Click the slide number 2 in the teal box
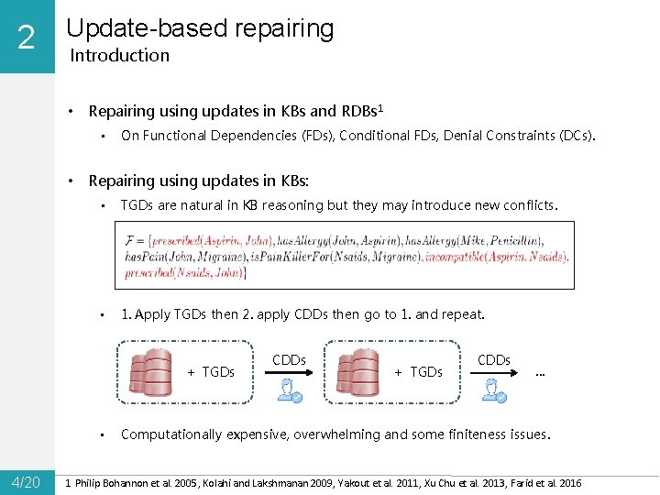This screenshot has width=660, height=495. [x=26, y=38]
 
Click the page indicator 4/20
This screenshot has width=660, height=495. [x=26, y=482]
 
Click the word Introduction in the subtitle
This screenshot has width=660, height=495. [x=120, y=55]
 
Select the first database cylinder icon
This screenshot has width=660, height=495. [x=150, y=372]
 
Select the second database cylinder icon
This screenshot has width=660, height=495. [x=357, y=372]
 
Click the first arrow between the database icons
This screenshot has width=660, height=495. [x=291, y=374]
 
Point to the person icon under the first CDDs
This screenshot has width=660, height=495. [x=291, y=390]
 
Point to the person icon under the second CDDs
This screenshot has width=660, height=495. [x=496, y=390]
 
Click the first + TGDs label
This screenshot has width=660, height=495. [x=211, y=372]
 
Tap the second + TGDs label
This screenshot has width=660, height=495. [x=418, y=372]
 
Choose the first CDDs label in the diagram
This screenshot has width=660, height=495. [x=289, y=360]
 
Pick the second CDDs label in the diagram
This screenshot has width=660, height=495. [x=494, y=360]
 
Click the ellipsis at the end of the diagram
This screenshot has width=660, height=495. [x=541, y=371]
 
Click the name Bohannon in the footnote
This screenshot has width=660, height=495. [x=137, y=483]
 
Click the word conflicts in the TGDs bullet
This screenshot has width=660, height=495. [x=527, y=205]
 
